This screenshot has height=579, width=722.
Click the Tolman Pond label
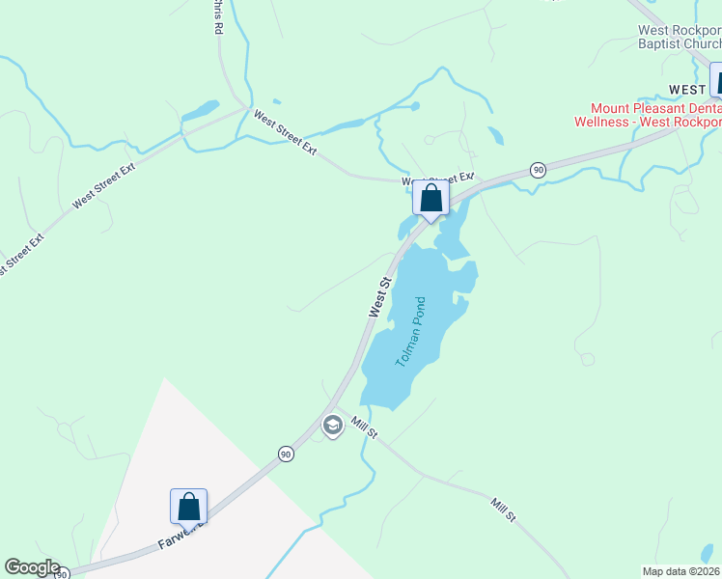coord(410,332)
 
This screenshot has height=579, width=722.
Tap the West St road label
coord(378,297)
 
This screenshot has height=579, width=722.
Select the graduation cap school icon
coord(332,426)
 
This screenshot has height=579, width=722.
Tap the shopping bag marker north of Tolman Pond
coord(430,199)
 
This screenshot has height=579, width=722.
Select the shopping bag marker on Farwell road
coord(188,507)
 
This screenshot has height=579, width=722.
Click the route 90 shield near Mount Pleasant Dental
coord(538,170)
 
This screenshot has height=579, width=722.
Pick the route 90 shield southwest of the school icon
coord(286,454)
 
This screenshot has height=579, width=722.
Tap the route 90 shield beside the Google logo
coord(62,574)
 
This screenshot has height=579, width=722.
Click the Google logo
coord(31,568)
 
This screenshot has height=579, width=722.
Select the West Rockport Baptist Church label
coord(680,37)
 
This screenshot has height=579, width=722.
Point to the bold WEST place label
coord(688,89)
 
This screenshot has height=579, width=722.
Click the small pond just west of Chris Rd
coord(201,110)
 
